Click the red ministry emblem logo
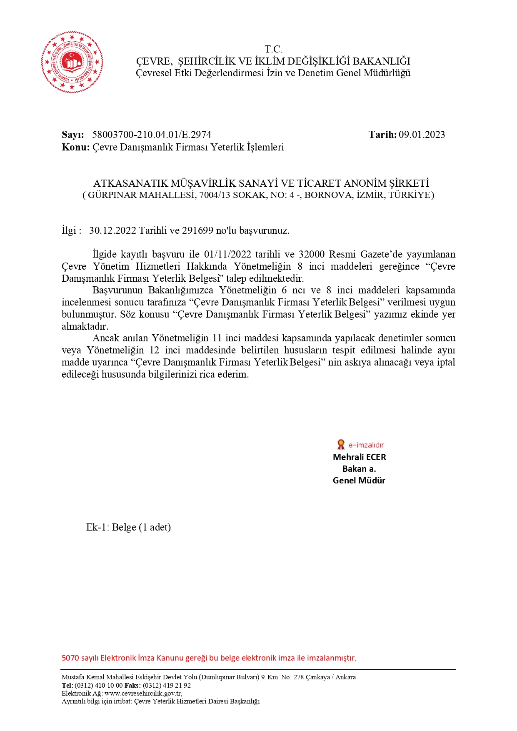[72, 62]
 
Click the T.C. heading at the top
[273, 49]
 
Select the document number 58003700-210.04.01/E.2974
[152, 135]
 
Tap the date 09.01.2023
[422, 135]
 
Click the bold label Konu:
[75, 147]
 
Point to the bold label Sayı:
[73, 135]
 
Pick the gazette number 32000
[312, 254]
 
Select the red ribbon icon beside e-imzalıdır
[341, 444]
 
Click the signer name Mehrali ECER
[359, 457]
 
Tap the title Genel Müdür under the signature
[359, 481]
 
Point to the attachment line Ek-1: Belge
[128, 527]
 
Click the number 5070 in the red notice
[70, 658]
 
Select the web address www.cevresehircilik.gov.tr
[142, 693]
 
